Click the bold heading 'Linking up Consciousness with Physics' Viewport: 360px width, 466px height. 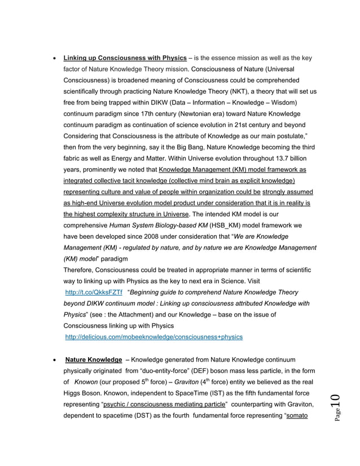125,58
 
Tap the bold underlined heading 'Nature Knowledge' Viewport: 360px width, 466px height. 94,359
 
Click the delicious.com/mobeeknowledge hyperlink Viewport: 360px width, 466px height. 154,337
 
